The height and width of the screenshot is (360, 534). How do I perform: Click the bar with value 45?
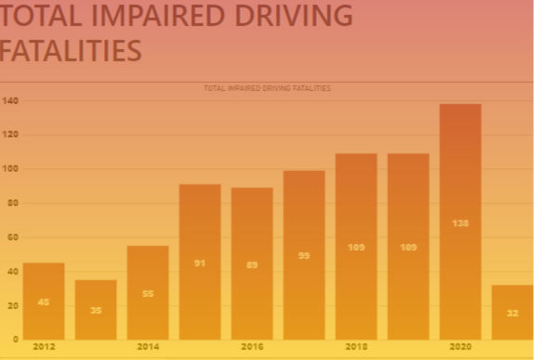coord(44,301)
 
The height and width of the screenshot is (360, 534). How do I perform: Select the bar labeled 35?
coord(96,309)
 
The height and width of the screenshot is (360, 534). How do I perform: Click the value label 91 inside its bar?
coord(200,263)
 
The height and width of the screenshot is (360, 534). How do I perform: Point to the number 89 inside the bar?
coord(252,264)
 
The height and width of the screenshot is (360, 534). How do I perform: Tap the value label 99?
coord(304,255)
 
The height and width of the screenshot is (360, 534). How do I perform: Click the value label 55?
coord(148,293)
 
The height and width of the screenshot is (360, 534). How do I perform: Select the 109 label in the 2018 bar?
coord(356,247)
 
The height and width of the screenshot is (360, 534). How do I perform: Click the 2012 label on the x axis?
coord(44,346)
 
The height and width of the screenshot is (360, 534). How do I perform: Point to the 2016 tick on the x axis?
coord(252,346)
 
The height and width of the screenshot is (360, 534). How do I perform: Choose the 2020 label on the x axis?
coord(460,346)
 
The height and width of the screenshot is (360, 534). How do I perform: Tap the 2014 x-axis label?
coord(148,346)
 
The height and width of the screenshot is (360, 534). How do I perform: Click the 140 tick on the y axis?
coord(10,100)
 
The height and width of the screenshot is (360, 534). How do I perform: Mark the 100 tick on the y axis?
coord(10,169)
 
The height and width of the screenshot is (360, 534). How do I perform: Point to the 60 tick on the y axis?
coord(12,238)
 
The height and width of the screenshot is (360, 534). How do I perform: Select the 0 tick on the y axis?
coord(15,340)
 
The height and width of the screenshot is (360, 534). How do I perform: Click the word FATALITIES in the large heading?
coord(70,50)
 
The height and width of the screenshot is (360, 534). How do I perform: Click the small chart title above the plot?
coord(267,88)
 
